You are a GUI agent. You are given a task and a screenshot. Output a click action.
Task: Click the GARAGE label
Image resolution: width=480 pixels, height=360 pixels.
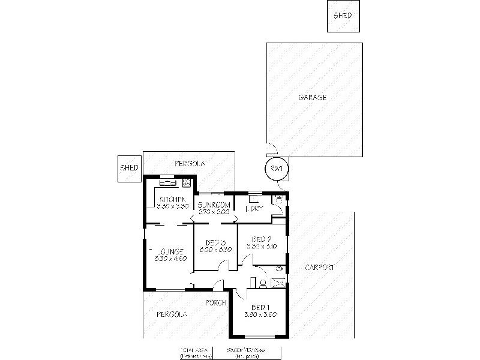pos(313,97)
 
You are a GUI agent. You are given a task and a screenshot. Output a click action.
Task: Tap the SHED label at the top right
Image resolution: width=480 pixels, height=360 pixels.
pos(343,16)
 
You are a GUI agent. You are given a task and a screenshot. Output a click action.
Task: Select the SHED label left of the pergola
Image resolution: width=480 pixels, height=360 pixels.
pos(130,168)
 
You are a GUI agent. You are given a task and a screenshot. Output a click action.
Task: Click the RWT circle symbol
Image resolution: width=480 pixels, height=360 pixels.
pos(276,169)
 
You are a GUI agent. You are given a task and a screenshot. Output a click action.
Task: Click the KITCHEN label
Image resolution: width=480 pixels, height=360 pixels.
pos(172,199)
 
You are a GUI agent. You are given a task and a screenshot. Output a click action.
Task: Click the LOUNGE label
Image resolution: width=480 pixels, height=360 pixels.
pos(171,251)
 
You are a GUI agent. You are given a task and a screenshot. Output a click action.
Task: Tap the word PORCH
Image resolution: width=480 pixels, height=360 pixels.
pos(216,302)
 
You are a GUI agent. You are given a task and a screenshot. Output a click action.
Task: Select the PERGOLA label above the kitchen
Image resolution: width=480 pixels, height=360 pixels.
pos(190,163)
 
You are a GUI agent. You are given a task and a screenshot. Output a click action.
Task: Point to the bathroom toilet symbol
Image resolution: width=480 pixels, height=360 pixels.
pos(263,283)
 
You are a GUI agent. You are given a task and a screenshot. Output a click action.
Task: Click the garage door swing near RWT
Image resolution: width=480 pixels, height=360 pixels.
pos(271,147)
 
